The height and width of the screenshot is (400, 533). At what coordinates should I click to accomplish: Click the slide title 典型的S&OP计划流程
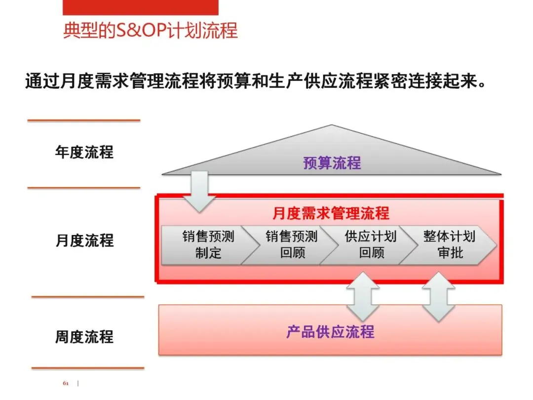coord(151,31)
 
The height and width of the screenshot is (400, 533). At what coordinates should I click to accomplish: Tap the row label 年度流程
coord(84,152)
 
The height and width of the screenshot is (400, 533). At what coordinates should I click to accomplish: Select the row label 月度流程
coord(84,240)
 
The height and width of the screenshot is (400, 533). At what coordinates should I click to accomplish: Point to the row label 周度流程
coord(84,337)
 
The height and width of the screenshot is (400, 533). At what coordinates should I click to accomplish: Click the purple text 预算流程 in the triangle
coord(332,163)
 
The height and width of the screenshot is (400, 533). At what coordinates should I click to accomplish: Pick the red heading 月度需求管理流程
coord(331,213)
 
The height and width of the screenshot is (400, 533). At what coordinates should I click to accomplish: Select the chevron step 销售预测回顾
coord(291,245)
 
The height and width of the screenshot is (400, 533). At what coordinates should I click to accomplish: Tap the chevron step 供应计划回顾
coord(370,245)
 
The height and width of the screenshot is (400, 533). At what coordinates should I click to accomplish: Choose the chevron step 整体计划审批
coord(449,245)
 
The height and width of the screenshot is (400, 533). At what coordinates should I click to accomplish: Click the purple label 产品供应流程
coord(330,331)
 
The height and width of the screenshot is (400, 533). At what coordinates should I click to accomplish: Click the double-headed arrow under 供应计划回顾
coord(363,296)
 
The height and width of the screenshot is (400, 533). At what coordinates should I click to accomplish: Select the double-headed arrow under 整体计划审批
coord(439,296)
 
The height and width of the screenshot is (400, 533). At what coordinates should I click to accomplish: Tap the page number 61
coord(66,384)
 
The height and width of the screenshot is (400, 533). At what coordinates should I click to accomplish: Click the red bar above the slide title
coord(140,7)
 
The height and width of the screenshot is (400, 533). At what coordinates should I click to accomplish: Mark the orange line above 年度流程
coord(84,120)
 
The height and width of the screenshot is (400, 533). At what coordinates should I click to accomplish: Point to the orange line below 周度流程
coord(88,368)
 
